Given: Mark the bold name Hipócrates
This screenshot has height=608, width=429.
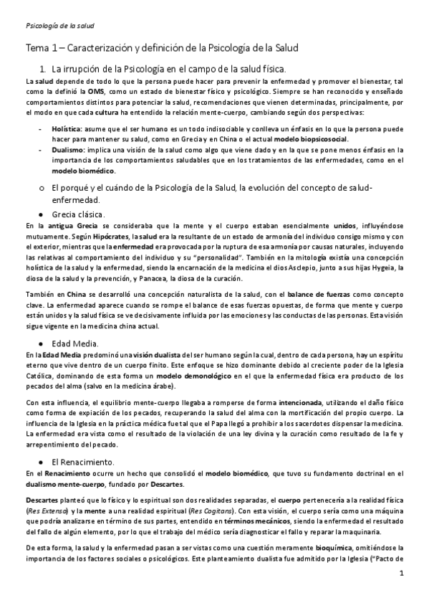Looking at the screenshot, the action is point(119,237).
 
